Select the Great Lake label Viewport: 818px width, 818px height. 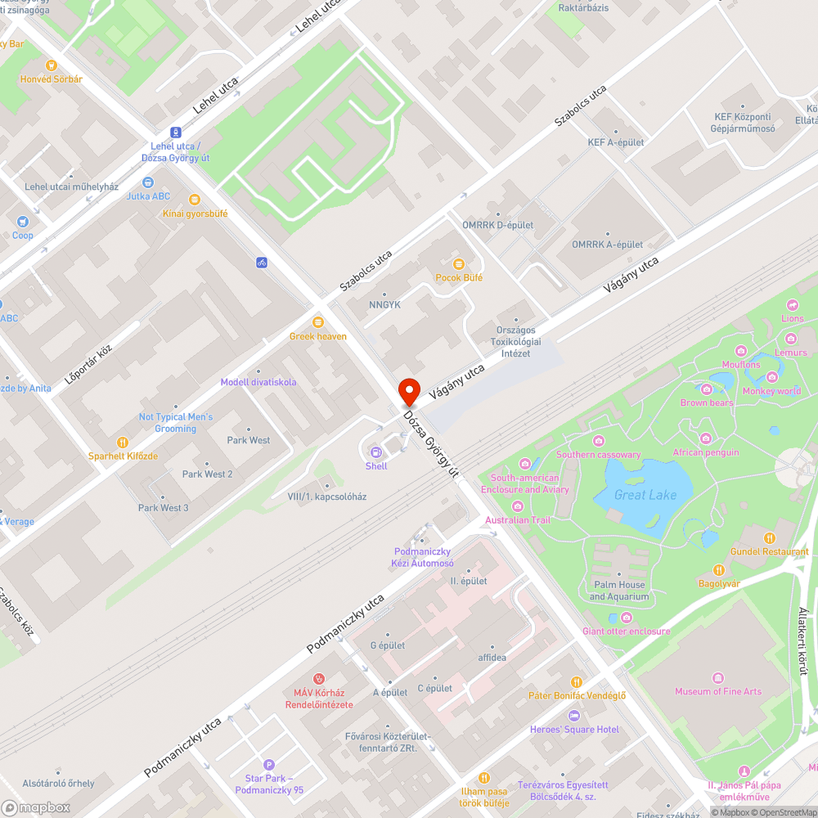645,495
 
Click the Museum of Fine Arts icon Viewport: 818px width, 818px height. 717,677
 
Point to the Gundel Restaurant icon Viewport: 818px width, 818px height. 769,537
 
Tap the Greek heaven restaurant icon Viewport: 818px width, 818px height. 318,322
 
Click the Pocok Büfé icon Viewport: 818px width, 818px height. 458,263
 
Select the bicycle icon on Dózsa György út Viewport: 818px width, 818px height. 262,263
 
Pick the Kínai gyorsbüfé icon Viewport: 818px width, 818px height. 195,200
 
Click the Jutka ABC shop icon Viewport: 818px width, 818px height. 148,182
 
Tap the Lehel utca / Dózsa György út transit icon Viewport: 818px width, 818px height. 176,133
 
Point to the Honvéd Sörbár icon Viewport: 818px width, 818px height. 52,65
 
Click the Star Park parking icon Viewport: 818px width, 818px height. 269,764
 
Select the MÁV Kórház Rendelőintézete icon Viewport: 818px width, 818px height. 319,678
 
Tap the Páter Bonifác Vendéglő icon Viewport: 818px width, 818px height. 577,682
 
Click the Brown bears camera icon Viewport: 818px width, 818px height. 707,389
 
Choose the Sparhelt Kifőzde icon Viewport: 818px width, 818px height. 123,442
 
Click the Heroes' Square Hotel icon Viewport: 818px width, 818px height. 573,716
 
